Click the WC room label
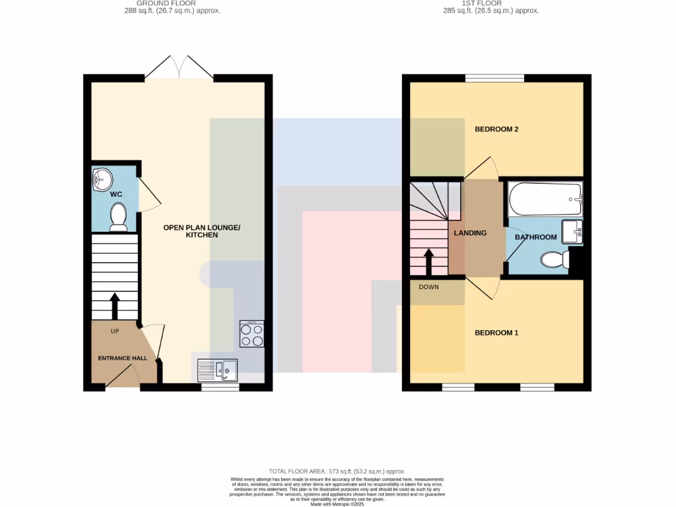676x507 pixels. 116,194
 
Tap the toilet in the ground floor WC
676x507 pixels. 118,217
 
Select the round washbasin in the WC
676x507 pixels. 103,178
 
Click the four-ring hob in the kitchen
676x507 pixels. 252,334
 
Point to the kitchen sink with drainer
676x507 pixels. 217,371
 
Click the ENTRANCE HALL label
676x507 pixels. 123,358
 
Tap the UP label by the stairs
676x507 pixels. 115,331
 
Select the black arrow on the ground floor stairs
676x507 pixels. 115,306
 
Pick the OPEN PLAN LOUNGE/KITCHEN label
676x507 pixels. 202,231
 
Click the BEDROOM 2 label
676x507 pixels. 496,129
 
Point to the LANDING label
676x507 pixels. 470,233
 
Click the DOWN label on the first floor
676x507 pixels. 428,287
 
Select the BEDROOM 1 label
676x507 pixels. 496,333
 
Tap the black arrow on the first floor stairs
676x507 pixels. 428,262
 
